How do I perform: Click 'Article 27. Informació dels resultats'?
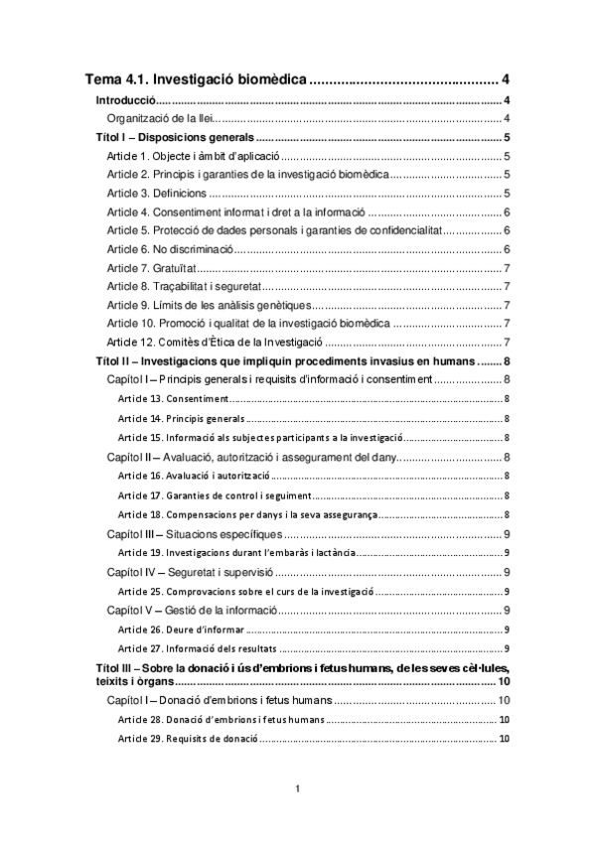tap(193, 648)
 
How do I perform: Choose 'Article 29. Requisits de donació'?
tap(188, 739)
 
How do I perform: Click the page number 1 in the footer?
tap(297, 788)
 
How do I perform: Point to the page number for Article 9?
tap(508, 305)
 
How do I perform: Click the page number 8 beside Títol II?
tap(508, 361)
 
